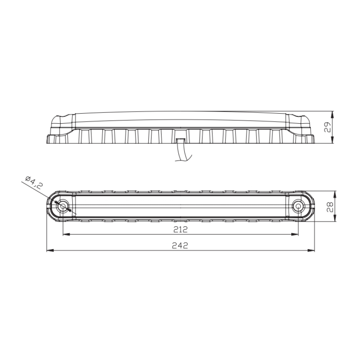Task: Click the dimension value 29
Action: click(x=327, y=128)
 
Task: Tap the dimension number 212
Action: click(x=180, y=230)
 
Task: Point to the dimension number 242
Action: click(x=180, y=246)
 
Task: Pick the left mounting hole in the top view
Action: click(x=63, y=206)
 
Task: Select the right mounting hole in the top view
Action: click(x=298, y=206)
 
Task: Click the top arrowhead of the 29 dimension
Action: click(x=333, y=114)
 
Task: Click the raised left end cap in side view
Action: click(x=62, y=120)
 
